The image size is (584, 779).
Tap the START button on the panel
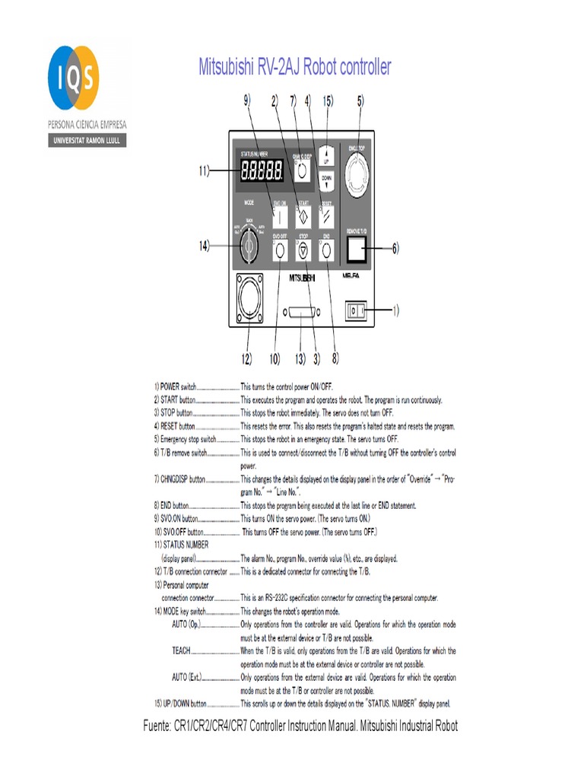coord(303,214)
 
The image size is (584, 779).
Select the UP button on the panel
coord(326,156)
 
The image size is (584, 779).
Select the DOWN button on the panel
coord(326,180)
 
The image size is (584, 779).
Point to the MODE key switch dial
coord(249,246)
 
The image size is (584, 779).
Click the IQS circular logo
coord(73,78)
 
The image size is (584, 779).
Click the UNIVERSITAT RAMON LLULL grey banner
coord(87,141)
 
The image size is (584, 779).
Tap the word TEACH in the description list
coord(182,650)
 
